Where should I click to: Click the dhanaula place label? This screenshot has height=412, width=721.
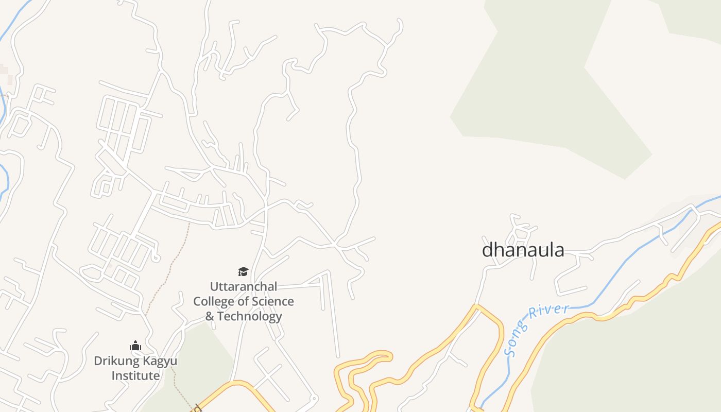pyautogui.click(x=523, y=250)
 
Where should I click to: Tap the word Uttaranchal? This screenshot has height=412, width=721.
pyautogui.click(x=243, y=286)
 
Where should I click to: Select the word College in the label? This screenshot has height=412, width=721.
pyautogui.click(x=214, y=301)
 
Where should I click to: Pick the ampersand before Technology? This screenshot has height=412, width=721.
pyautogui.click(x=210, y=316)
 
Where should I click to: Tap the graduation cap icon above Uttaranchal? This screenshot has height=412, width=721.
pyautogui.click(x=243, y=271)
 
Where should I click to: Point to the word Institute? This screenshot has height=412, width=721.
pyautogui.click(x=135, y=376)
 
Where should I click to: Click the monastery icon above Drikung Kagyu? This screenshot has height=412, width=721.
pyautogui.click(x=135, y=346)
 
